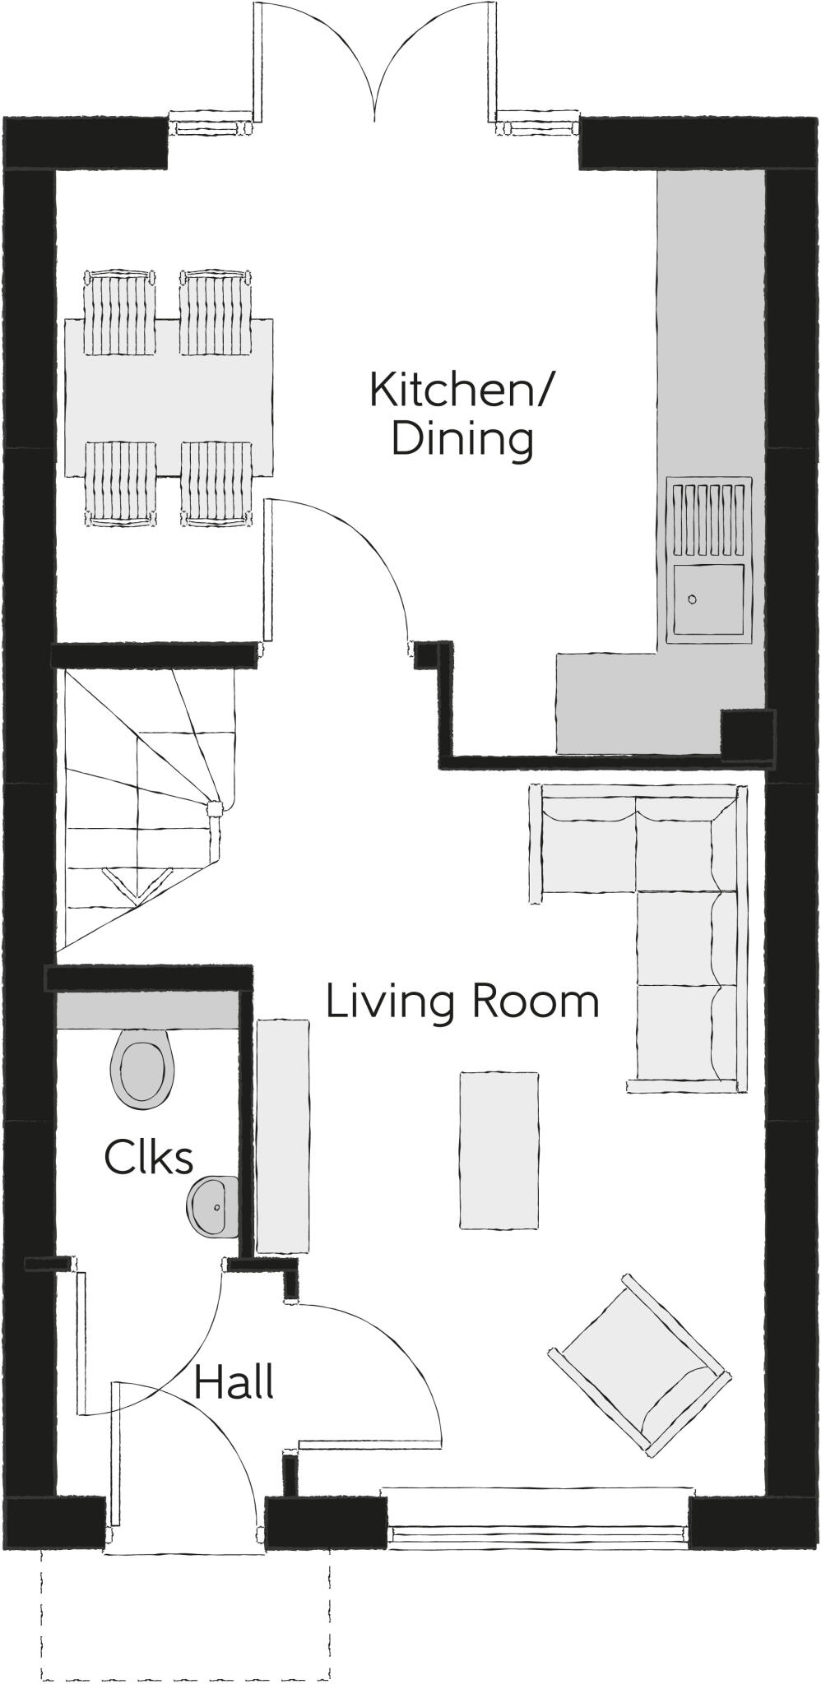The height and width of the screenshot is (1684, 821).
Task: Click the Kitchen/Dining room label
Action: click(462, 414)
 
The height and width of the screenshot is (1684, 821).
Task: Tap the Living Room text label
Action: click(462, 1002)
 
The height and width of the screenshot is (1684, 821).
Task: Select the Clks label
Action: click(149, 1157)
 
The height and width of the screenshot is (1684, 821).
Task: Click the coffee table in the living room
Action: click(499, 1150)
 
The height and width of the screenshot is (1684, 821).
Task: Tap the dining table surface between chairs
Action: click(169, 398)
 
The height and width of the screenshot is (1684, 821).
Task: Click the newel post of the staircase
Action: click(214, 808)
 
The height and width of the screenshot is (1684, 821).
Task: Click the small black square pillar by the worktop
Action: click(747, 733)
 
